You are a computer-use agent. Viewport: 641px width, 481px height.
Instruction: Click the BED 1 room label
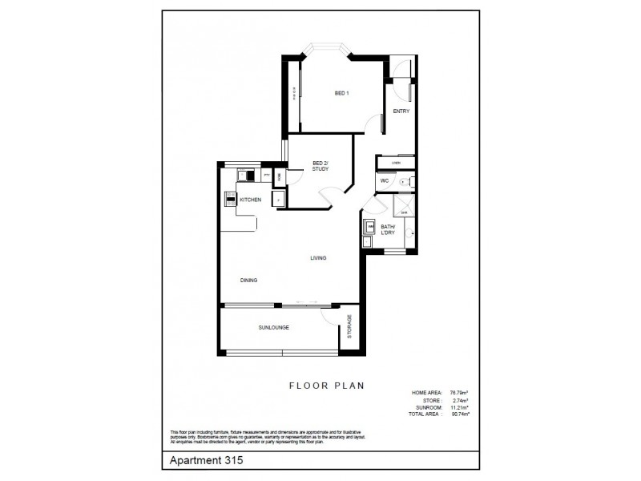tap(341, 95)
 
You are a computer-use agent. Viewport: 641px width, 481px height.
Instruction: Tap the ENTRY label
tap(401, 111)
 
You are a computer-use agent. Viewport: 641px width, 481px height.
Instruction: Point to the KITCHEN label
tap(250, 200)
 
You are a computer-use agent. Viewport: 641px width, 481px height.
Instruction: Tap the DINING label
tap(249, 280)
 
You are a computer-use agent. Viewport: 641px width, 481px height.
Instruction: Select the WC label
tap(385, 181)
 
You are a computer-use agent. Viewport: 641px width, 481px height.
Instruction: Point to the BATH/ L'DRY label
tap(389, 230)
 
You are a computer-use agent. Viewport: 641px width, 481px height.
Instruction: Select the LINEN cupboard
tap(395, 164)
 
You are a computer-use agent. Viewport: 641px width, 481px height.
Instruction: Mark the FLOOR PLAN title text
tap(327, 385)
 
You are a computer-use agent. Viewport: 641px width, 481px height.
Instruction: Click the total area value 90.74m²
tap(458, 414)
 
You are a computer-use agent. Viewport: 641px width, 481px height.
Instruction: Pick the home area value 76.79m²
tap(458, 392)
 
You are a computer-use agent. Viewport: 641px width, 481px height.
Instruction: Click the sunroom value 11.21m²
tap(458, 406)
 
